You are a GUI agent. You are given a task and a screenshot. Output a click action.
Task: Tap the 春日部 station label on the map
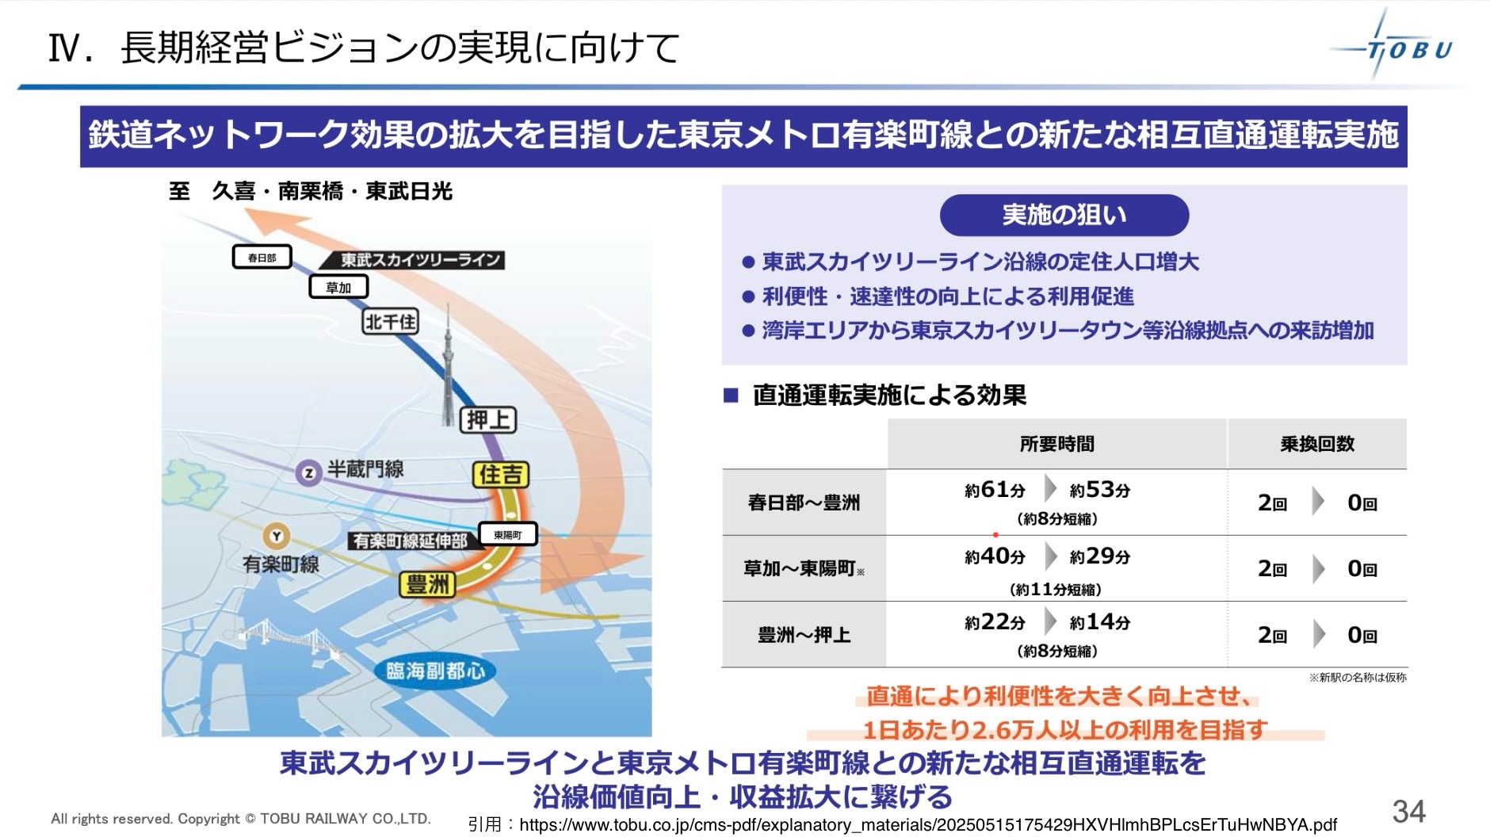tap(262, 258)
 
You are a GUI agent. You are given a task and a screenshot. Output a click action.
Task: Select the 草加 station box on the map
tap(338, 287)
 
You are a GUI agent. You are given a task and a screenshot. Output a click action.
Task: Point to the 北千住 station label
tap(390, 321)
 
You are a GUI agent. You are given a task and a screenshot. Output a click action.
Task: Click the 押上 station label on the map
tap(488, 419)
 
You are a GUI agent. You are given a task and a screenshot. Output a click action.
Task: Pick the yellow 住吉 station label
tap(501, 475)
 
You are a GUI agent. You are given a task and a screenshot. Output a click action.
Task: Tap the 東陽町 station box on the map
tap(508, 534)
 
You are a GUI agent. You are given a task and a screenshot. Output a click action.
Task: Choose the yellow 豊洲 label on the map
tap(428, 585)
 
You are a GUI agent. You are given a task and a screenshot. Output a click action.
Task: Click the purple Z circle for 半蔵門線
tap(308, 473)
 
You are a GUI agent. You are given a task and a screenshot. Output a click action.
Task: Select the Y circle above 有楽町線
tap(276, 537)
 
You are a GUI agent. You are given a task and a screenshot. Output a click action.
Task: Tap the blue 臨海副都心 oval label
tap(436, 671)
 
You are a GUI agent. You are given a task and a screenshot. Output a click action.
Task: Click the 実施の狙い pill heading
tap(1064, 215)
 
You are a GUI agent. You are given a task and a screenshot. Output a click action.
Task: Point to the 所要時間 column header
tap(1056, 444)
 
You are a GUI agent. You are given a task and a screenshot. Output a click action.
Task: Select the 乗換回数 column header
tap(1317, 444)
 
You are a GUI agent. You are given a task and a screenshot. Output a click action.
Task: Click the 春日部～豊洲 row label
tap(804, 503)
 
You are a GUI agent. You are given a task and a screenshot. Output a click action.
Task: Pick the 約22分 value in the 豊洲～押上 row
tap(995, 623)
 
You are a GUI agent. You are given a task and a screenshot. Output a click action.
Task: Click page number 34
tap(1409, 811)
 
